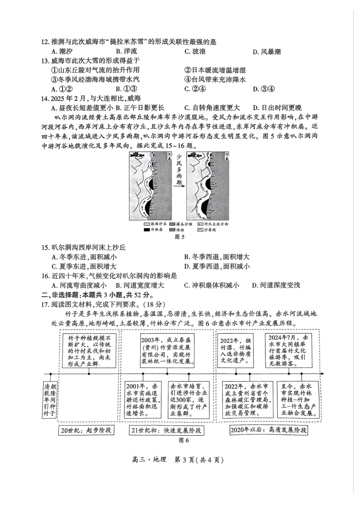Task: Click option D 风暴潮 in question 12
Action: click(267, 52)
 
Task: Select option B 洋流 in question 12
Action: click(127, 52)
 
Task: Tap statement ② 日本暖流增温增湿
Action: click(215, 70)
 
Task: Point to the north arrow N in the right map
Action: click(227, 156)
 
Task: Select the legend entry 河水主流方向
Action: click(213, 224)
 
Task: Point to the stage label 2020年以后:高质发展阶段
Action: click(268, 430)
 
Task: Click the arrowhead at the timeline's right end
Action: click(322, 374)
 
